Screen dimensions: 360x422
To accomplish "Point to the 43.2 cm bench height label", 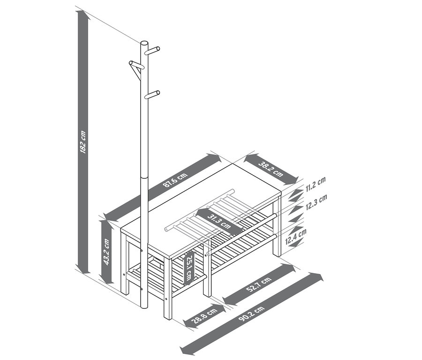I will (106, 252).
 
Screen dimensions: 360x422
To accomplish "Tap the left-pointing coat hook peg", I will (133, 64).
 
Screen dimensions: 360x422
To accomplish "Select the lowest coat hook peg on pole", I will (152, 95).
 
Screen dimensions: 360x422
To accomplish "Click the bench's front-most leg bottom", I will (166, 317).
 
